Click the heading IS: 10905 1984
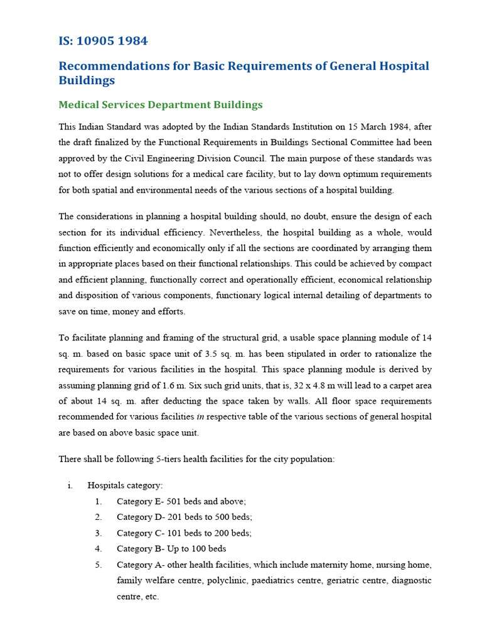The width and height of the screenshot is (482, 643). coord(103,41)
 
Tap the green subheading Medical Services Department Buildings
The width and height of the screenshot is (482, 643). coord(160,105)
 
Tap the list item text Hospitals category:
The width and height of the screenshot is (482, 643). coord(125,485)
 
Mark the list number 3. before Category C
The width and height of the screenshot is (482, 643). coord(98,532)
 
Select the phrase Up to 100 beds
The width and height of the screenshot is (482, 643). coord(197,548)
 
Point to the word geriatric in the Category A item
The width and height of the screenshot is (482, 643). coord(347,581)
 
